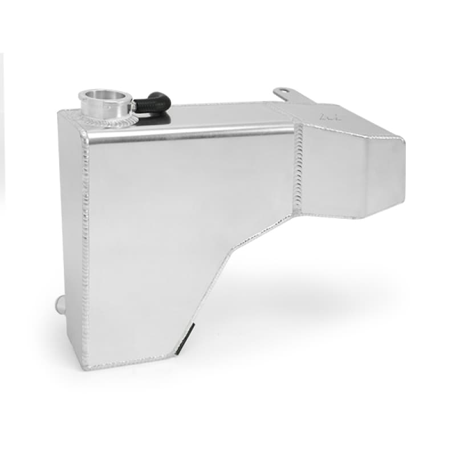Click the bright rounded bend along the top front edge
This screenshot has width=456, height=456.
[x=188, y=135]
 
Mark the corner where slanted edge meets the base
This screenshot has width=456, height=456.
[x=182, y=350]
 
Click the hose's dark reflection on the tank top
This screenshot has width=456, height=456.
[x=162, y=116]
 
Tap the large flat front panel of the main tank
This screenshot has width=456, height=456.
[x=171, y=228]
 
